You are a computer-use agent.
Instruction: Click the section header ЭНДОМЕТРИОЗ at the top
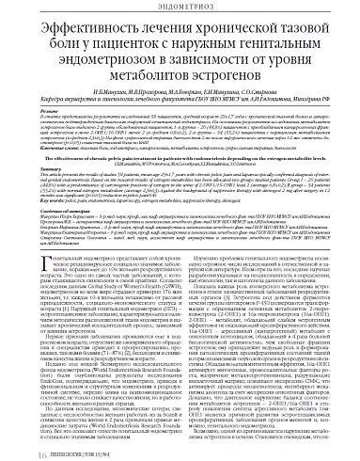click(x=180, y=8)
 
